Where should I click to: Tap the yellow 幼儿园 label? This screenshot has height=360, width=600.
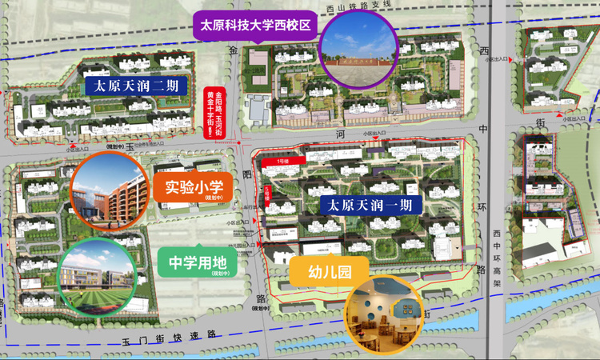(x=329, y=272)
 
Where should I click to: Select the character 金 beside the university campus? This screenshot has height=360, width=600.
(x=234, y=50)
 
